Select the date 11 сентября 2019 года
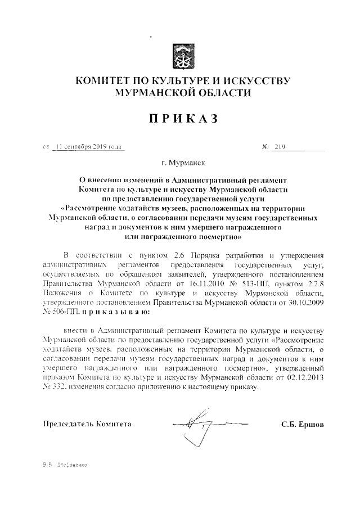point(88,147)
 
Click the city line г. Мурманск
point(183,164)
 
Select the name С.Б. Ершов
point(303,424)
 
